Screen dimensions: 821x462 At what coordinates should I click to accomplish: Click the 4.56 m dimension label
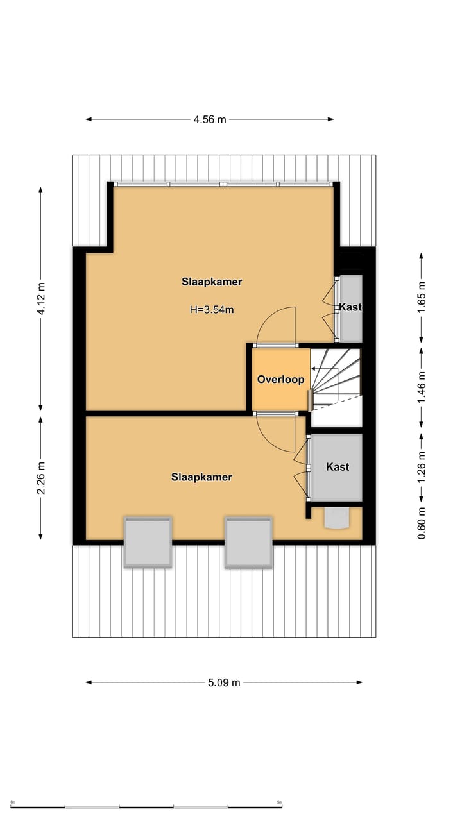coord(210,119)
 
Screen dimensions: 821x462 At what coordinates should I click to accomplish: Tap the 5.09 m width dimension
coord(224,682)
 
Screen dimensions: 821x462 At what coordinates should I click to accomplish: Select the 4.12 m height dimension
coord(41,298)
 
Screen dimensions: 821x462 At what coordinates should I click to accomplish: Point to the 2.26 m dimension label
coord(41,478)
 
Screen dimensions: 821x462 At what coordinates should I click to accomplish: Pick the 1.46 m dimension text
coord(422,389)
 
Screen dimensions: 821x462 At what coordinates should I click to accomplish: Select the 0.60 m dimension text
coord(422,523)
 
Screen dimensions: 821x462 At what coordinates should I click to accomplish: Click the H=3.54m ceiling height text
coord(212,310)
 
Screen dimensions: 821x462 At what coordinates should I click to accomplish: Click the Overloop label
coord(280,380)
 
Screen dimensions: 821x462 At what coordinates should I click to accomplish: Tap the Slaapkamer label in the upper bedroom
coord(212,282)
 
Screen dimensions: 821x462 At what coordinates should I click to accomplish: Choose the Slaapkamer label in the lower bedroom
coord(201,477)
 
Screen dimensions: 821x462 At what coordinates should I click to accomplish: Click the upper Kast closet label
coord(350,307)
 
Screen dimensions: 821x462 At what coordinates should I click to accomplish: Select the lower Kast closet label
coord(338,467)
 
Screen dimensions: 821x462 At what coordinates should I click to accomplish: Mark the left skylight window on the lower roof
coord(148,542)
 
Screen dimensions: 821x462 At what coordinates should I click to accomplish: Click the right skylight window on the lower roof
coord(248,542)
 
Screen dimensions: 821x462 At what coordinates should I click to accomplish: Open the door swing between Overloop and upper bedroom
coord(276,327)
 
